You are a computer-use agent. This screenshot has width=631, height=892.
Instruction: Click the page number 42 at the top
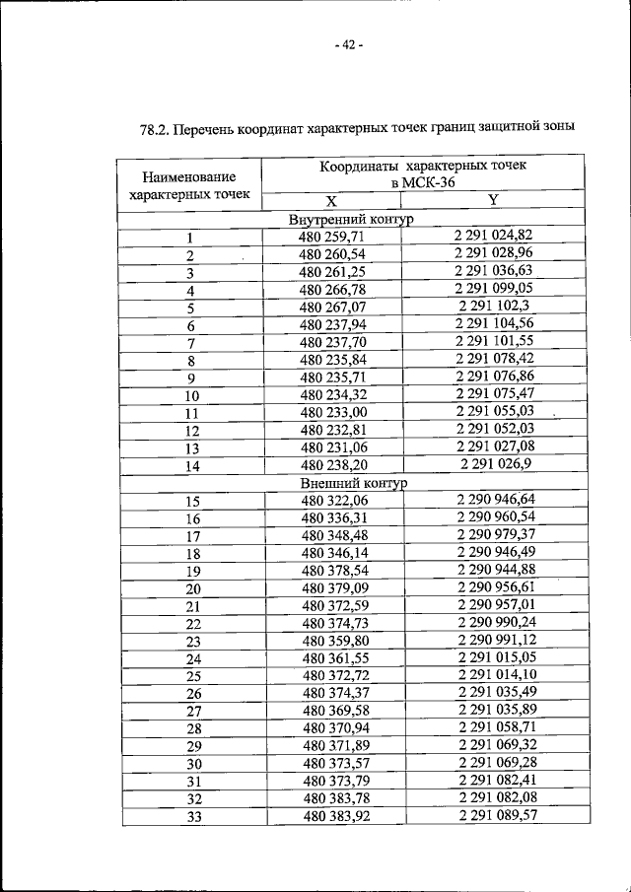[347, 46]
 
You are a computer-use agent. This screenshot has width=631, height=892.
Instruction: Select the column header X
[332, 201]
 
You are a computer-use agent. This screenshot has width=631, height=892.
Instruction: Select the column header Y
[493, 200]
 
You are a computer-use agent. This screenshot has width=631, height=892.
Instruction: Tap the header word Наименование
[189, 177]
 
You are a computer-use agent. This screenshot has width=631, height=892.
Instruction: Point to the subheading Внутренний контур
[352, 219]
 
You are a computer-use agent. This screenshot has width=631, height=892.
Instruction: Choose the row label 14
[191, 466]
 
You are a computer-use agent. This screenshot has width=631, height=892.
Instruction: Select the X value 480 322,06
[335, 501]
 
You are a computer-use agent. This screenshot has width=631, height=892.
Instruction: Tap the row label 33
[193, 818]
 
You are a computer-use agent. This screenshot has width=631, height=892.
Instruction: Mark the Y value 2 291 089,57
[496, 816]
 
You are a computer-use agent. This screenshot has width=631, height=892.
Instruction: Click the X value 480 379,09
[335, 588]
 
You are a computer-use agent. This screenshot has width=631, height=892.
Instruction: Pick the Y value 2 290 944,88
[496, 570]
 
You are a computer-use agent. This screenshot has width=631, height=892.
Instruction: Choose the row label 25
[193, 677]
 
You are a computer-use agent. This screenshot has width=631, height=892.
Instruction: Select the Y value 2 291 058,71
[496, 728]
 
